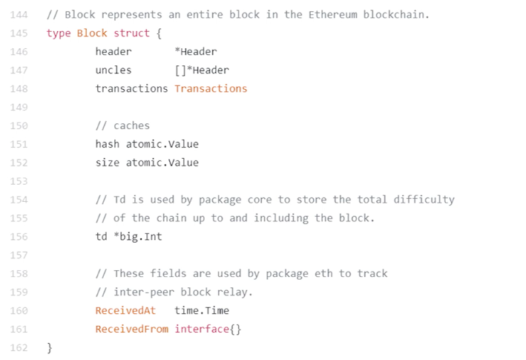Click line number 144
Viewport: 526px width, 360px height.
pos(19,15)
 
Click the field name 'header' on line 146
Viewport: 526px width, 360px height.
pos(114,52)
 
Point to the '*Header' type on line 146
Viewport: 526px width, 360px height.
pos(196,52)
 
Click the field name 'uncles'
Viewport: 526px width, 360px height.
pos(114,70)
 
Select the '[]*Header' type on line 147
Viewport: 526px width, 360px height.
pos(202,70)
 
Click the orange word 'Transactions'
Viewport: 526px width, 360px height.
pos(211,88)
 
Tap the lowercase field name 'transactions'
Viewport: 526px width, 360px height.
pos(131,88)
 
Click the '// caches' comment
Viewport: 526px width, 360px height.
pos(122,125)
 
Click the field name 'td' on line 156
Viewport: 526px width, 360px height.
pos(101,237)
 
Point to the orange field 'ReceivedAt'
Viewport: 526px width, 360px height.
pos(125,310)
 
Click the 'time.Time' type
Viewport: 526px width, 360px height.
pos(202,310)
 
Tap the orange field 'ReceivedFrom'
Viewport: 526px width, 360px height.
pos(131,329)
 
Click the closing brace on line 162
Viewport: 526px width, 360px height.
pos(50,347)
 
